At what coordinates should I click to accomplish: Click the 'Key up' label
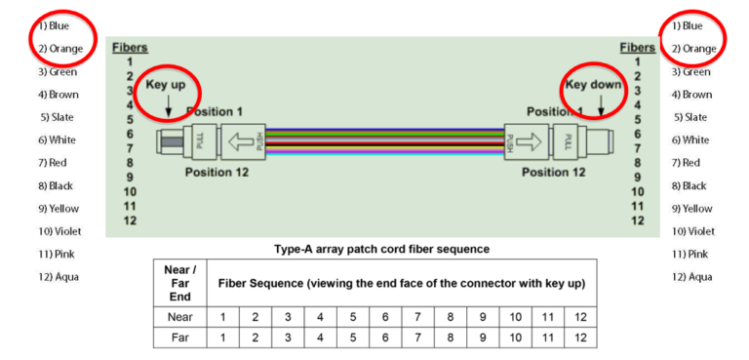click(166, 85)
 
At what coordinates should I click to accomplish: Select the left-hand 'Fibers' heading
click(130, 47)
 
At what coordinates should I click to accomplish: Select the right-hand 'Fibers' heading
click(637, 47)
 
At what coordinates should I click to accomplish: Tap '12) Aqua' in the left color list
click(59, 276)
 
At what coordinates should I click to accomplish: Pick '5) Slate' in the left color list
click(59, 117)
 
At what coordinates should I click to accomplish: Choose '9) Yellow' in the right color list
click(691, 208)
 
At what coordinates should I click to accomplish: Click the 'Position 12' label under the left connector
click(216, 173)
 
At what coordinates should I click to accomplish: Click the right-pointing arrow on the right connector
click(524, 142)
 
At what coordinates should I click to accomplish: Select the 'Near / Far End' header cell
click(179, 282)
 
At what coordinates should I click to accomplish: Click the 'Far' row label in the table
click(179, 338)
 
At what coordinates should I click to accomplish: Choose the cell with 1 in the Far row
click(222, 338)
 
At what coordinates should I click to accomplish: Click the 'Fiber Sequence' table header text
click(401, 282)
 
